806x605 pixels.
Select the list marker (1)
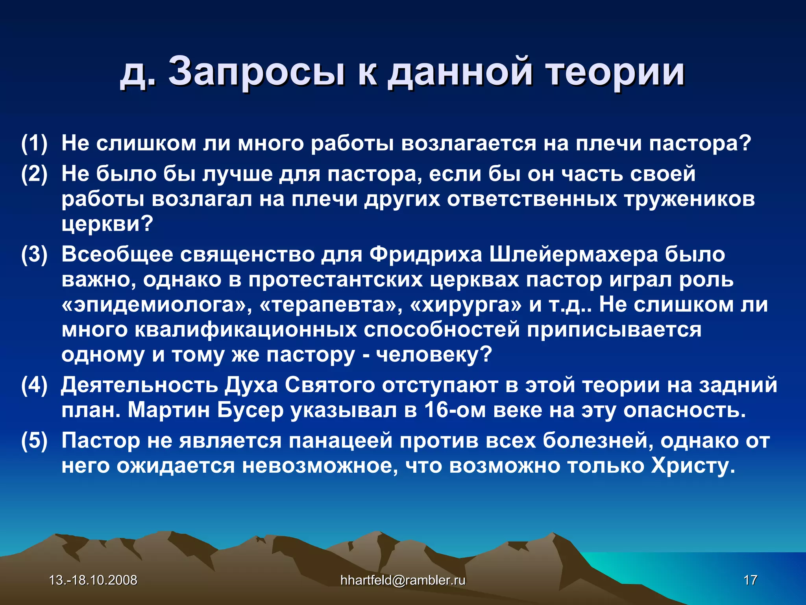tap(34, 143)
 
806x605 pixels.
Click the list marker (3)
tap(34, 254)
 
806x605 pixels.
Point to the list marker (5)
tap(34, 440)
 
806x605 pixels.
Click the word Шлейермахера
tap(573, 254)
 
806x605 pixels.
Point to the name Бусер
tap(250, 410)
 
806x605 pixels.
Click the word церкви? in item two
tap(107, 224)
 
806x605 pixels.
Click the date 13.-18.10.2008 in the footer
tap(93, 580)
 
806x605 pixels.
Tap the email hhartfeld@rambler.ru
tap(403, 580)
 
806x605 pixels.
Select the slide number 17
tap(750, 580)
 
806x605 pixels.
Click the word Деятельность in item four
tap(139, 385)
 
